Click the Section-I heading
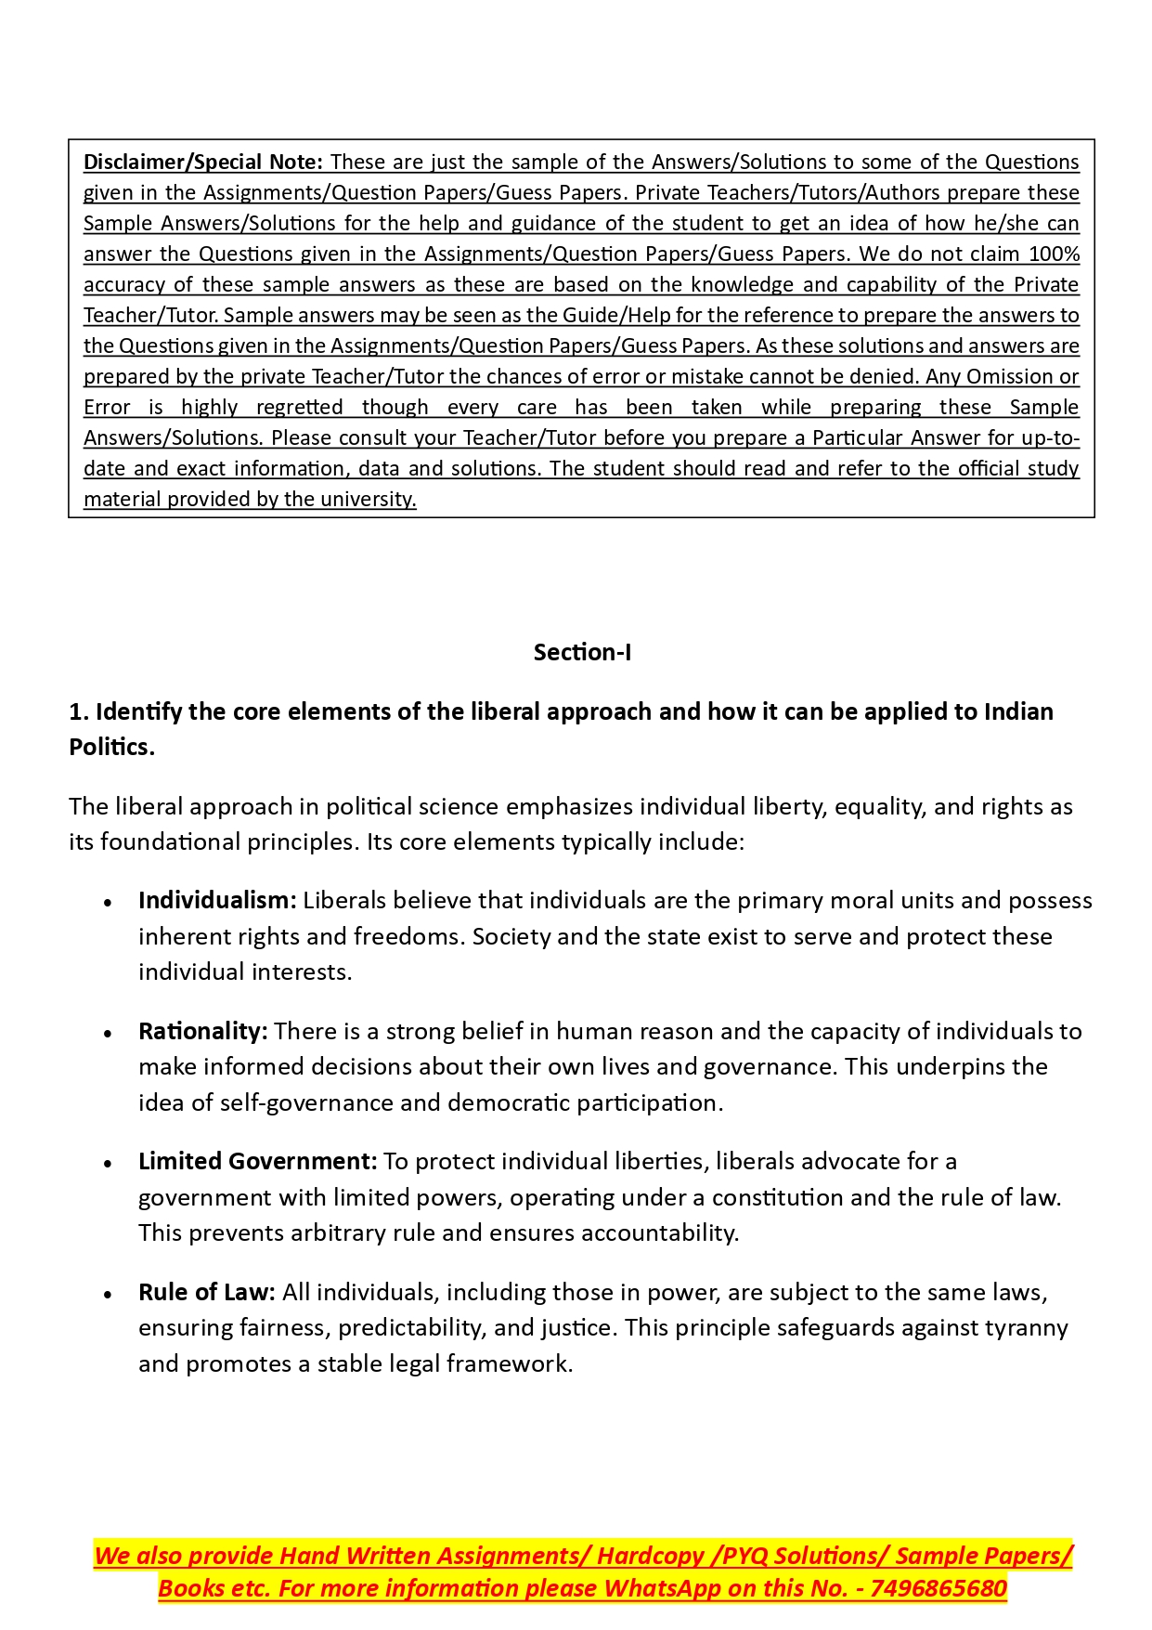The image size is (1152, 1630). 582,653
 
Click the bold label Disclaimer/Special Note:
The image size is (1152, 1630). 202,163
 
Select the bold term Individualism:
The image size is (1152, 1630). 217,901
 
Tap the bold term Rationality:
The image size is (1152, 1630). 202,1032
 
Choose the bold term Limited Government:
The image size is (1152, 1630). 257,1162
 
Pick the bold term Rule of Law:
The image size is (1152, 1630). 206,1293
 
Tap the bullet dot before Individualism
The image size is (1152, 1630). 109,903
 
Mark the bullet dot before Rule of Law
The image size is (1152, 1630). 109,1295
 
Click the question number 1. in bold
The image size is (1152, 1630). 79,712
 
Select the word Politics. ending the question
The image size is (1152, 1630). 111,748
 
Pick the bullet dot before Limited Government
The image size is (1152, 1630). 109,1164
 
